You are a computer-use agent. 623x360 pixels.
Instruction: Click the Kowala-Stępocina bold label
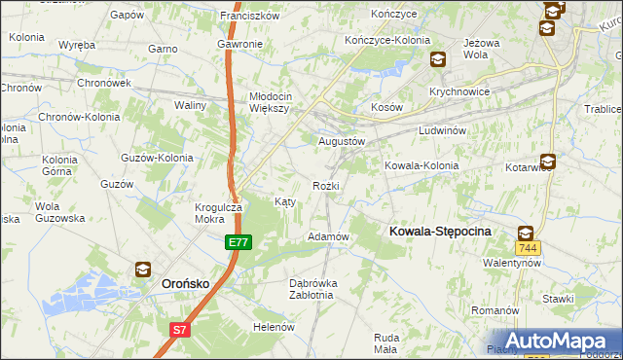tap(440, 232)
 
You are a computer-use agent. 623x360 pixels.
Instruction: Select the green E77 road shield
tap(238, 241)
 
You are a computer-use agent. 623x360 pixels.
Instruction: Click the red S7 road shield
tap(179, 330)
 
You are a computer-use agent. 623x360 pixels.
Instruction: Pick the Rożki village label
tap(326, 185)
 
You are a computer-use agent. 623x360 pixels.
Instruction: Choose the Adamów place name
tap(328, 236)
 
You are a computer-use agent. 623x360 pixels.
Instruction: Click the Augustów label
tap(342, 141)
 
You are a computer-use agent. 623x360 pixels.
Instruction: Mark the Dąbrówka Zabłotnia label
tap(313, 290)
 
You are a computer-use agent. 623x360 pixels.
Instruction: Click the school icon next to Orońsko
tap(143, 270)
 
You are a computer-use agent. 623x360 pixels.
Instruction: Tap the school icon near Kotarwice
tap(548, 162)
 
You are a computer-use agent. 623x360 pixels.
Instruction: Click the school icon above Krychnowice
tap(438, 60)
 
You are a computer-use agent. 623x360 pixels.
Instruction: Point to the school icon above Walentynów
tap(526, 233)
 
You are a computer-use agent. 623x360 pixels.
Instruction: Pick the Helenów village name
tap(274, 327)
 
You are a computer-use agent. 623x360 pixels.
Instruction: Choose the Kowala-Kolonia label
tap(421, 165)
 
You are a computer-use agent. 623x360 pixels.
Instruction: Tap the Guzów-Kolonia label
tap(156, 157)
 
